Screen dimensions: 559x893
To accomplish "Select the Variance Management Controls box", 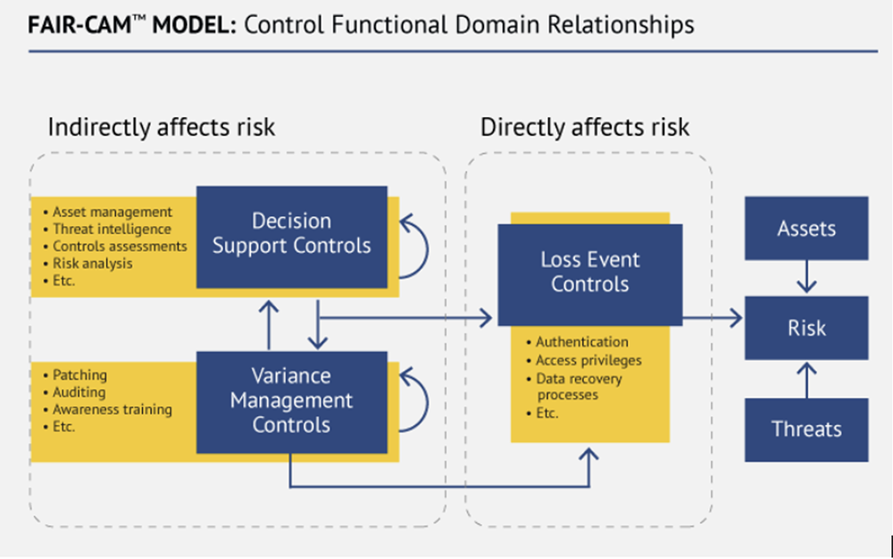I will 291,401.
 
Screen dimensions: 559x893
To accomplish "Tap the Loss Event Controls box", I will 589,273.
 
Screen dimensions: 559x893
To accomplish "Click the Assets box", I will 805,229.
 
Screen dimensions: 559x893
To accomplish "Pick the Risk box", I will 805,329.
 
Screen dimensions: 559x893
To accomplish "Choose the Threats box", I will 805,430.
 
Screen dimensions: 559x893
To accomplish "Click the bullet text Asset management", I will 112,213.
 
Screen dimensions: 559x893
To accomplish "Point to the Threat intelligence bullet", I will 113,229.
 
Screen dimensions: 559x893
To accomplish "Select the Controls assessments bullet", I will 120,246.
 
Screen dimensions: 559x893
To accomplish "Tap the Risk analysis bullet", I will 92,263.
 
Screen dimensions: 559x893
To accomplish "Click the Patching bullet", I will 79,376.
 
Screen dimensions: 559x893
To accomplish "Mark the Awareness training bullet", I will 112,410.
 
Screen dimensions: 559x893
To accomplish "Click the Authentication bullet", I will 581,342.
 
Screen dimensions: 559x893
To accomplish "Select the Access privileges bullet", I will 588,361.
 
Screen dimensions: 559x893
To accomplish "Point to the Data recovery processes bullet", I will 579,387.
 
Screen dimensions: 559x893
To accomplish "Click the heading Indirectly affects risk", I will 162,127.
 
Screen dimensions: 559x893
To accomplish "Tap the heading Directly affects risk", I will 585,127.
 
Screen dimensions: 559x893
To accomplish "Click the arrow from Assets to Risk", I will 806,277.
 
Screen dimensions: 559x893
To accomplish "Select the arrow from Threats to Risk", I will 806,379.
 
